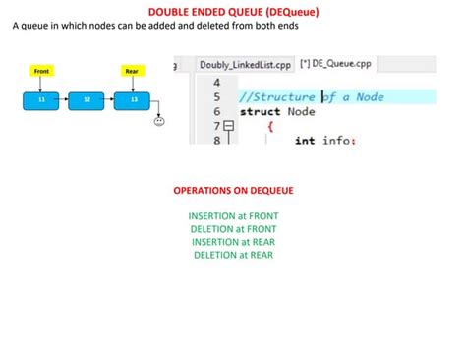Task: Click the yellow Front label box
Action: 41,72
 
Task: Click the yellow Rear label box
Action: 132,72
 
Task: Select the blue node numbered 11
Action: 40,99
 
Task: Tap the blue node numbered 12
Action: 86,99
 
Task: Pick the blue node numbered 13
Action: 132,99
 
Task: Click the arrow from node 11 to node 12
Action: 63,99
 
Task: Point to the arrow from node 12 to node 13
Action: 109,99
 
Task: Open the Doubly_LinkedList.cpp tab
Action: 243,65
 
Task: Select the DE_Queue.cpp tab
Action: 337,65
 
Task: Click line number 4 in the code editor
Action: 216,83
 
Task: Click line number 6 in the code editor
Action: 216,112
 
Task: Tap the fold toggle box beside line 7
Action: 230,127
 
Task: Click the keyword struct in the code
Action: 260,112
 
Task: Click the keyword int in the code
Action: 305,140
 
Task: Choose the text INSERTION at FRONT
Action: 232,214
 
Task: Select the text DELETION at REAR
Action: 232,256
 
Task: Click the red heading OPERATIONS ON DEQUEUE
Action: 232,188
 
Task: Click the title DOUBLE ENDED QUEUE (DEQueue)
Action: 233,11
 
